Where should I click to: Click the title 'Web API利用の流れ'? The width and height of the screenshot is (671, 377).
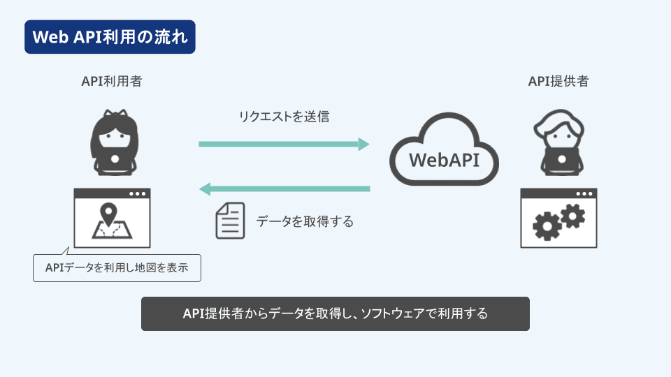pyautogui.click(x=110, y=37)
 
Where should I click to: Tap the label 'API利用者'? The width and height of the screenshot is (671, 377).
pyautogui.click(x=112, y=81)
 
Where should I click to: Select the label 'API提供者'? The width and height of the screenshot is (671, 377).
pyautogui.click(x=558, y=81)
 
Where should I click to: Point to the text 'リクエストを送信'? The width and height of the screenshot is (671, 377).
pyautogui.click(x=284, y=117)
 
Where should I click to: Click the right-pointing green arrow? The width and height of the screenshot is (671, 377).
pyautogui.click(x=284, y=144)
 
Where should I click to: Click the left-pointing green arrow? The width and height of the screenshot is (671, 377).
pyautogui.click(x=284, y=189)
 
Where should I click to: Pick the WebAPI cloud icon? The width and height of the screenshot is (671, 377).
pyautogui.click(x=445, y=149)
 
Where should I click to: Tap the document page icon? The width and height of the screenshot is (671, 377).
pyautogui.click(x=230, y=221)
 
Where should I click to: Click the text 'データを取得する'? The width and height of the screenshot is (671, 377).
pyautogui.click(x=305, y=221)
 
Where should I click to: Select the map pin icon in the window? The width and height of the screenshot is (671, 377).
pyautogui.click(x=108, y=214)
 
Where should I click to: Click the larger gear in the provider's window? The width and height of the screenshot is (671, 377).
pyautogui.click(x=547, y=226)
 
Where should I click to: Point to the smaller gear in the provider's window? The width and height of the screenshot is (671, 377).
pyautogui.click(x=572, y=216)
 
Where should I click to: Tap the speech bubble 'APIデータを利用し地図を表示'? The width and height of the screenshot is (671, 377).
pyautogui.click(x=117, y=268)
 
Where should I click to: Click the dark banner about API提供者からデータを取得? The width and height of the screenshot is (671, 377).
pyautogui.click(x=335, y=313)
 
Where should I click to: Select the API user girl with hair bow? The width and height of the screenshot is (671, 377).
pyautogui.click(x=114, y=142)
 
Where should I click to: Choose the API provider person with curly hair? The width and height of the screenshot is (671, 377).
pyautogui.click(x=559, y=142)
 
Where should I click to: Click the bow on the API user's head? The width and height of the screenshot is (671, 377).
pyautogui.click(x=115, y=114)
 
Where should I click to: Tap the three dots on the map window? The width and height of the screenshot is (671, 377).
pyautogui.click(x=138, y=193)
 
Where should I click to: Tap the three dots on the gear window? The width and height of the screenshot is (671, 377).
pyautogui.click(x=584, y=193)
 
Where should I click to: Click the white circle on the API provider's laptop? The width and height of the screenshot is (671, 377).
pyautogui.click(x=562, y=159)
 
